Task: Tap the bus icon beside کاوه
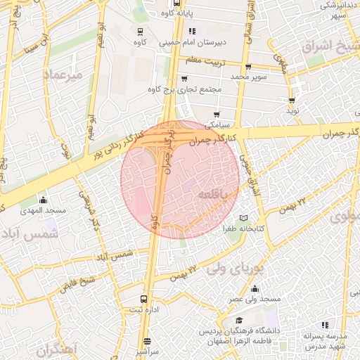click(x=140, y=32)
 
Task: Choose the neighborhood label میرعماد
click(x=63, y=74)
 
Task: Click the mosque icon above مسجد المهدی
click(x=43, y=200)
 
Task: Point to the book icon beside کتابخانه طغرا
click(x=244, y=217)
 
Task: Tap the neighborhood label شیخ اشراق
click(x=331, y=47)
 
